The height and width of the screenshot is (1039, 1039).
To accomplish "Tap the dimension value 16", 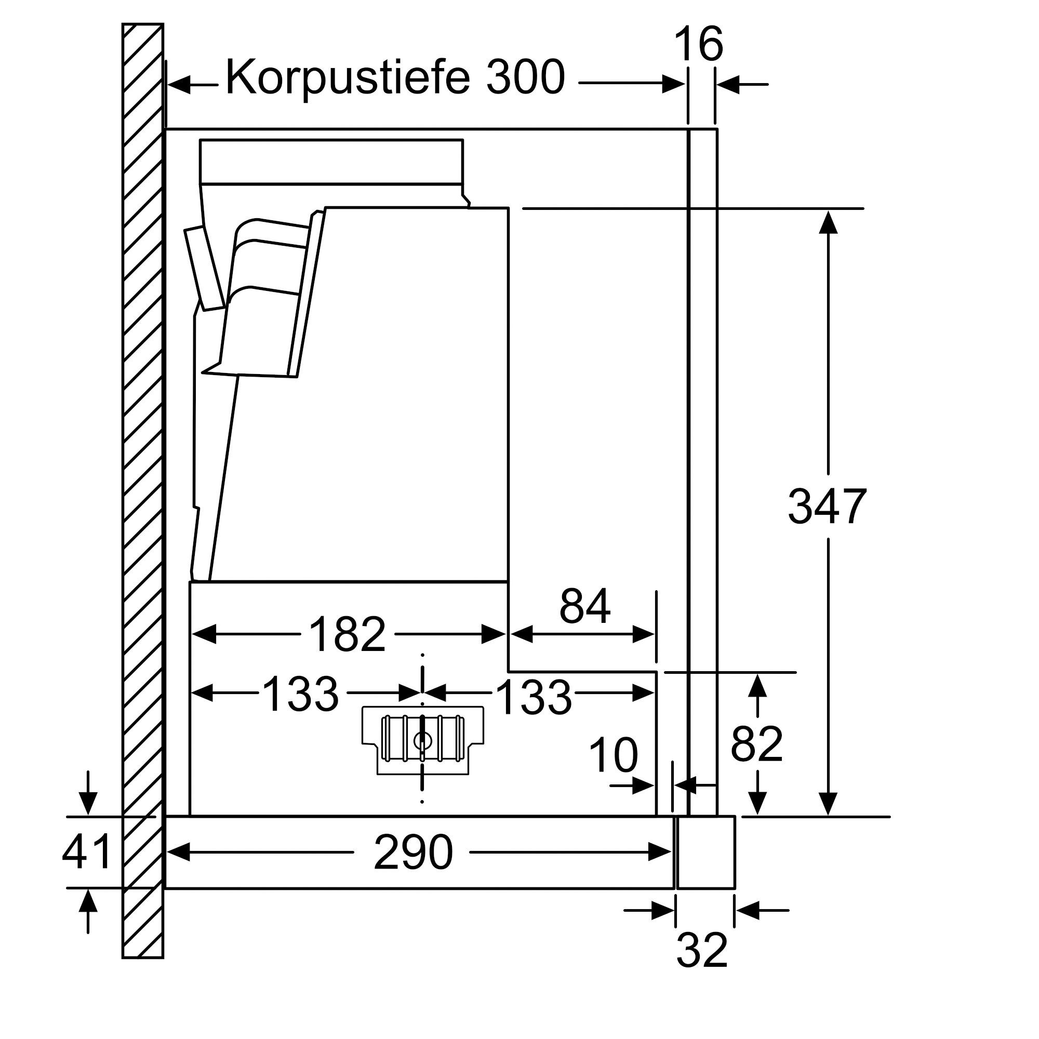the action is click(698, 44).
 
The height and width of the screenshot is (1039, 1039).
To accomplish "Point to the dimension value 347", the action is click(827, 506).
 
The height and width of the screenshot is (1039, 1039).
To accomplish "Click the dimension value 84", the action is click(585, 606).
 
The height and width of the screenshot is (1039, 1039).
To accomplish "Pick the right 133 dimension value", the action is click(533, 697).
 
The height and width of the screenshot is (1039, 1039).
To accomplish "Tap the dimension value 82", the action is click(757, 743).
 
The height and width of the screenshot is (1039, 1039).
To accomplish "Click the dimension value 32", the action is click(702, 950).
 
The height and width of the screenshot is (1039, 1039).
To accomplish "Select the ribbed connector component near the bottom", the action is click(423, 740).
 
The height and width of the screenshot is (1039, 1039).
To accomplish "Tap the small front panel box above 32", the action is click(705, 852).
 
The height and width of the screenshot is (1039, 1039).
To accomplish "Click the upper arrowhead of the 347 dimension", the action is click(828, 222).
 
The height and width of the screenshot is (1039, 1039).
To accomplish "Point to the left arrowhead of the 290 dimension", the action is click(179, 852).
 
